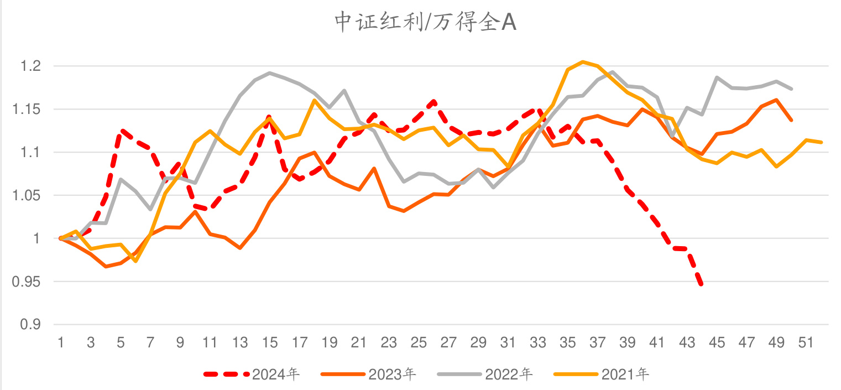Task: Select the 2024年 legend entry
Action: tap(275, 375)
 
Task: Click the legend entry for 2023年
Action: tap(392, 375)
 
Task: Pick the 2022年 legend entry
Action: tap(509, 375)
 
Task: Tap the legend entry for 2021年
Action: tap(625, 375)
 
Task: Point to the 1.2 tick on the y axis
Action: tap(30, 66)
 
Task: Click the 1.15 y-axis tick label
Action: tap(27, 110)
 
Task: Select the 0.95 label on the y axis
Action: tap(27, 282)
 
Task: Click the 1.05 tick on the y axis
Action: tap(27, 196)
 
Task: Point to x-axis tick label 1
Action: tap(61, 343)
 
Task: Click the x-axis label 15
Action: tap(269, 343)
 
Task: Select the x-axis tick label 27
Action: tap(448, 343)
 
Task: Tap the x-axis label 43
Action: tap(687, 343)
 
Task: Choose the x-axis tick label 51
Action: tap(806, 343)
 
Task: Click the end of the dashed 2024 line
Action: tap(702, 285)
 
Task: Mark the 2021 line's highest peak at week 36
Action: tap(583, 61)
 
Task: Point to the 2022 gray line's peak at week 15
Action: tap(269, 72)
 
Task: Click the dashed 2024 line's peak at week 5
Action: tap(121, 131)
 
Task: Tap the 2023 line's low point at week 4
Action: tap(106, 267)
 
